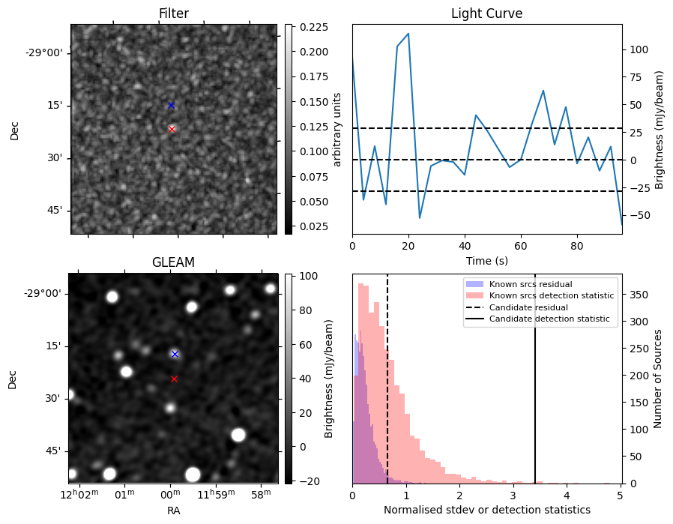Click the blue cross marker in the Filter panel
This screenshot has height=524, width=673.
[171, 105]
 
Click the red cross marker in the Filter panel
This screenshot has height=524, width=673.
[172, 129]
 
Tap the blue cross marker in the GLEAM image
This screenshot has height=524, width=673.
[175, 354]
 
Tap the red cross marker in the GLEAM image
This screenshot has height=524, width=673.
[174, 379]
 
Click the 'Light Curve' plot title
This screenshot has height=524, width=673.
[486, 13]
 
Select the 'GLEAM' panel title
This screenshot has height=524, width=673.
[173, 262]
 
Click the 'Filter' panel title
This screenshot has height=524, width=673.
[173, 13]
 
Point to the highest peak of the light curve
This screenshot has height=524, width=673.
[408, 34]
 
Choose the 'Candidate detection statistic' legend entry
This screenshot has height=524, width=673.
[549, 319]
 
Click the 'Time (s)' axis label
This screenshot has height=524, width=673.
[486, 260]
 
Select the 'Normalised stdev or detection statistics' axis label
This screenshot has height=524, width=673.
[486, 510]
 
